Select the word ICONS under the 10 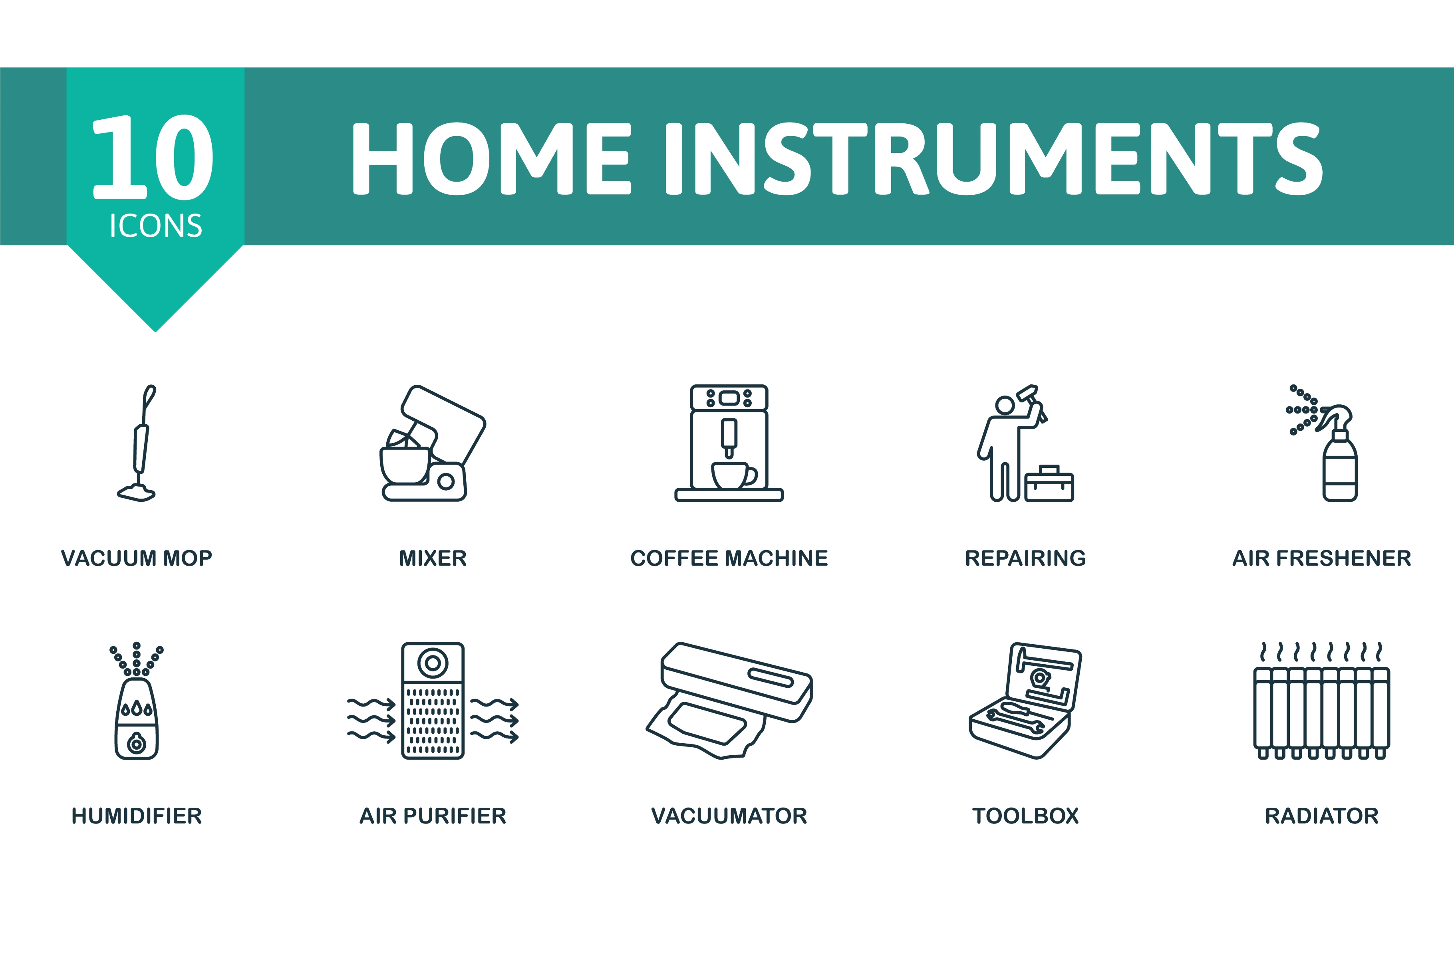click(156, 226)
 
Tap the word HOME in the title click(491, 158)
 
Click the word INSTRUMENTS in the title click(994, 158)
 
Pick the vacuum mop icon click(138, 443)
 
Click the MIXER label click(433, 558)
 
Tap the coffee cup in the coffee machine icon click(733, 475)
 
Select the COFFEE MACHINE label click(729, 558)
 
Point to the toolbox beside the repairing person click(1049, 484)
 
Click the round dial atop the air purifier click(433, 663)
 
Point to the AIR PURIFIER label click(433, 816)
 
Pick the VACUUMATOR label click(729, 816)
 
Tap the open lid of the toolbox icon click(1043, 677)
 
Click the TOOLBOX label click(1026, 816)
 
